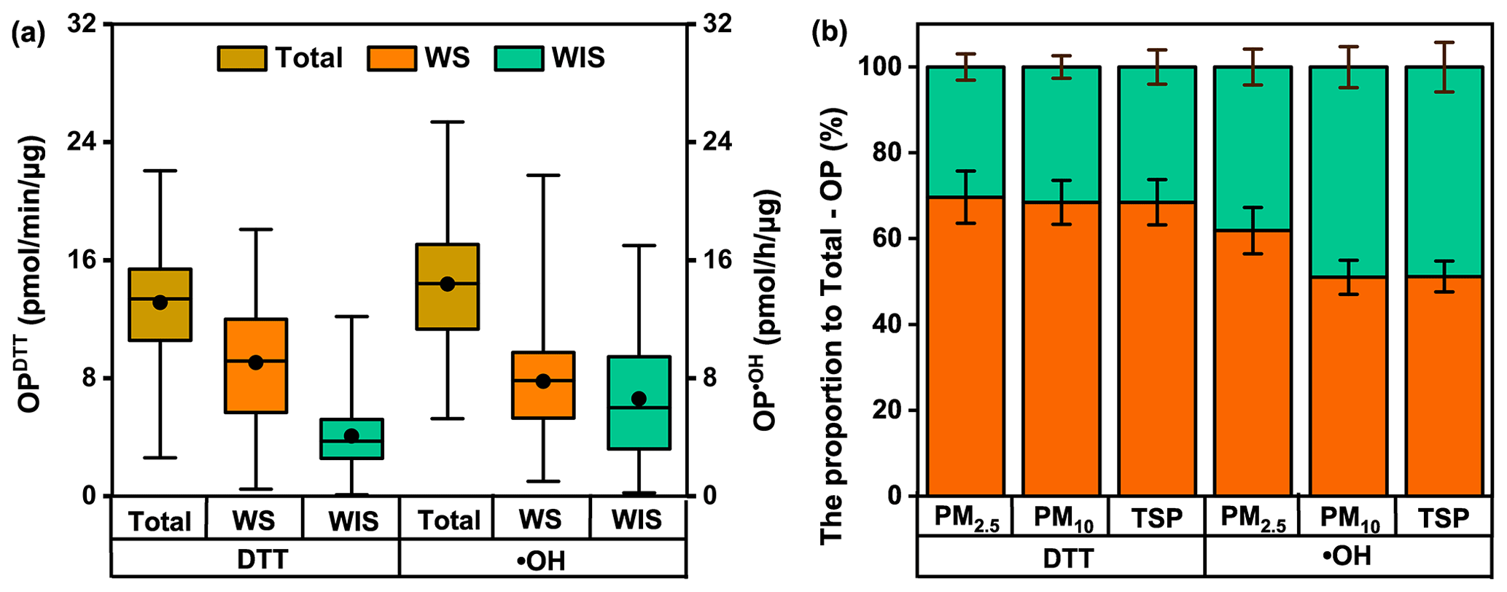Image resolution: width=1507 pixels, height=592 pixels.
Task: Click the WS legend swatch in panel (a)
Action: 392,58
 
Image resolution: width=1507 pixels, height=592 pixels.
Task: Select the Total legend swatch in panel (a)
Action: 241,58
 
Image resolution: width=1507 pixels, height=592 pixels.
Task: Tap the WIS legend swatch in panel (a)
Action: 518,58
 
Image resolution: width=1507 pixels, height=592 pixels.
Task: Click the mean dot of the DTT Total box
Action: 160,303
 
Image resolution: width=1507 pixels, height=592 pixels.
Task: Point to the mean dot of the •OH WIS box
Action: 639,398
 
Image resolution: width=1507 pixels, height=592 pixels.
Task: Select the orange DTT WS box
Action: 256,365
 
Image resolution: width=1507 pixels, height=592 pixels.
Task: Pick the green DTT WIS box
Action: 352,439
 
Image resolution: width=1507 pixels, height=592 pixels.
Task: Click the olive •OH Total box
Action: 447,287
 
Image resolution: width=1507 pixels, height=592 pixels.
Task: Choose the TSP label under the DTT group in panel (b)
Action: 1157,518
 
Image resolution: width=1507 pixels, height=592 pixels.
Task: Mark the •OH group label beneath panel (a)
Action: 542,560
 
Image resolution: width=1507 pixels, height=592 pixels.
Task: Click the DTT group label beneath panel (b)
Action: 1061,558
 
